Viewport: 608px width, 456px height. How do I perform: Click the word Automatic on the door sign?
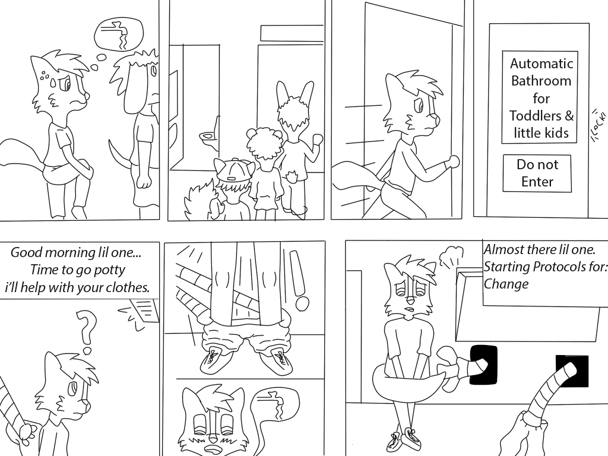[x=541, y=63]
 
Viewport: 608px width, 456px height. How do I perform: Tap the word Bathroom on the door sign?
[x=541, y=81]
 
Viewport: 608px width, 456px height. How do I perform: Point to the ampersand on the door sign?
[x=569, y=116]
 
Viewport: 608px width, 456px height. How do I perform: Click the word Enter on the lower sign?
[x=537, y=182]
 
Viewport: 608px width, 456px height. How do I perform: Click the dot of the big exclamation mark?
[x=302, y=303]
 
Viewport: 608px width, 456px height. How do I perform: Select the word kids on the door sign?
[x=556, y=133]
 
